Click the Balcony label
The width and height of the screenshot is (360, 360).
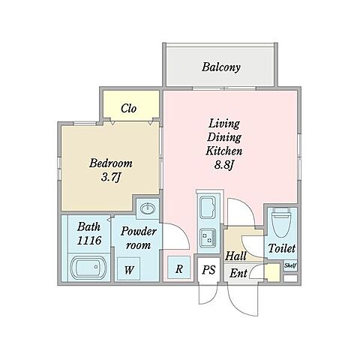click(221, 67)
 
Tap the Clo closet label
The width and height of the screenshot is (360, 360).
click(129, 108)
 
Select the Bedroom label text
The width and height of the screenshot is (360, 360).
click(111, 163)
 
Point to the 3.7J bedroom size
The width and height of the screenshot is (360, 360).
click(111, 178)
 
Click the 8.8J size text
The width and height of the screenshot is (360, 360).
click(223, 165)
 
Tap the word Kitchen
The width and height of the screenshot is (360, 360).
click(223, 151)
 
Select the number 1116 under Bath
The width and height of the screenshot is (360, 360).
click(89, 241)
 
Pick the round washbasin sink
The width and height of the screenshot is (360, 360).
click(148, 208)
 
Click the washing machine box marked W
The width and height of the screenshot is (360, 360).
click(129, 269)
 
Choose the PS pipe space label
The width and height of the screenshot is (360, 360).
click(208, 270)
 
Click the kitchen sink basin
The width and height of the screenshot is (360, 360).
click(208, 208)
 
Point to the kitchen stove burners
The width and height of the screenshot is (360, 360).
click(208, 236)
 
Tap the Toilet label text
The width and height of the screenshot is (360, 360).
click(282, 248)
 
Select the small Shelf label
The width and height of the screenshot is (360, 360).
click(290, 265)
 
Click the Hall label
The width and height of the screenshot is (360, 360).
click(235, 256)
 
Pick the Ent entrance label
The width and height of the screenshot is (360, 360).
click(238, 273)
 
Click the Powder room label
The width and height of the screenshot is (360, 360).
click(138, 238)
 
